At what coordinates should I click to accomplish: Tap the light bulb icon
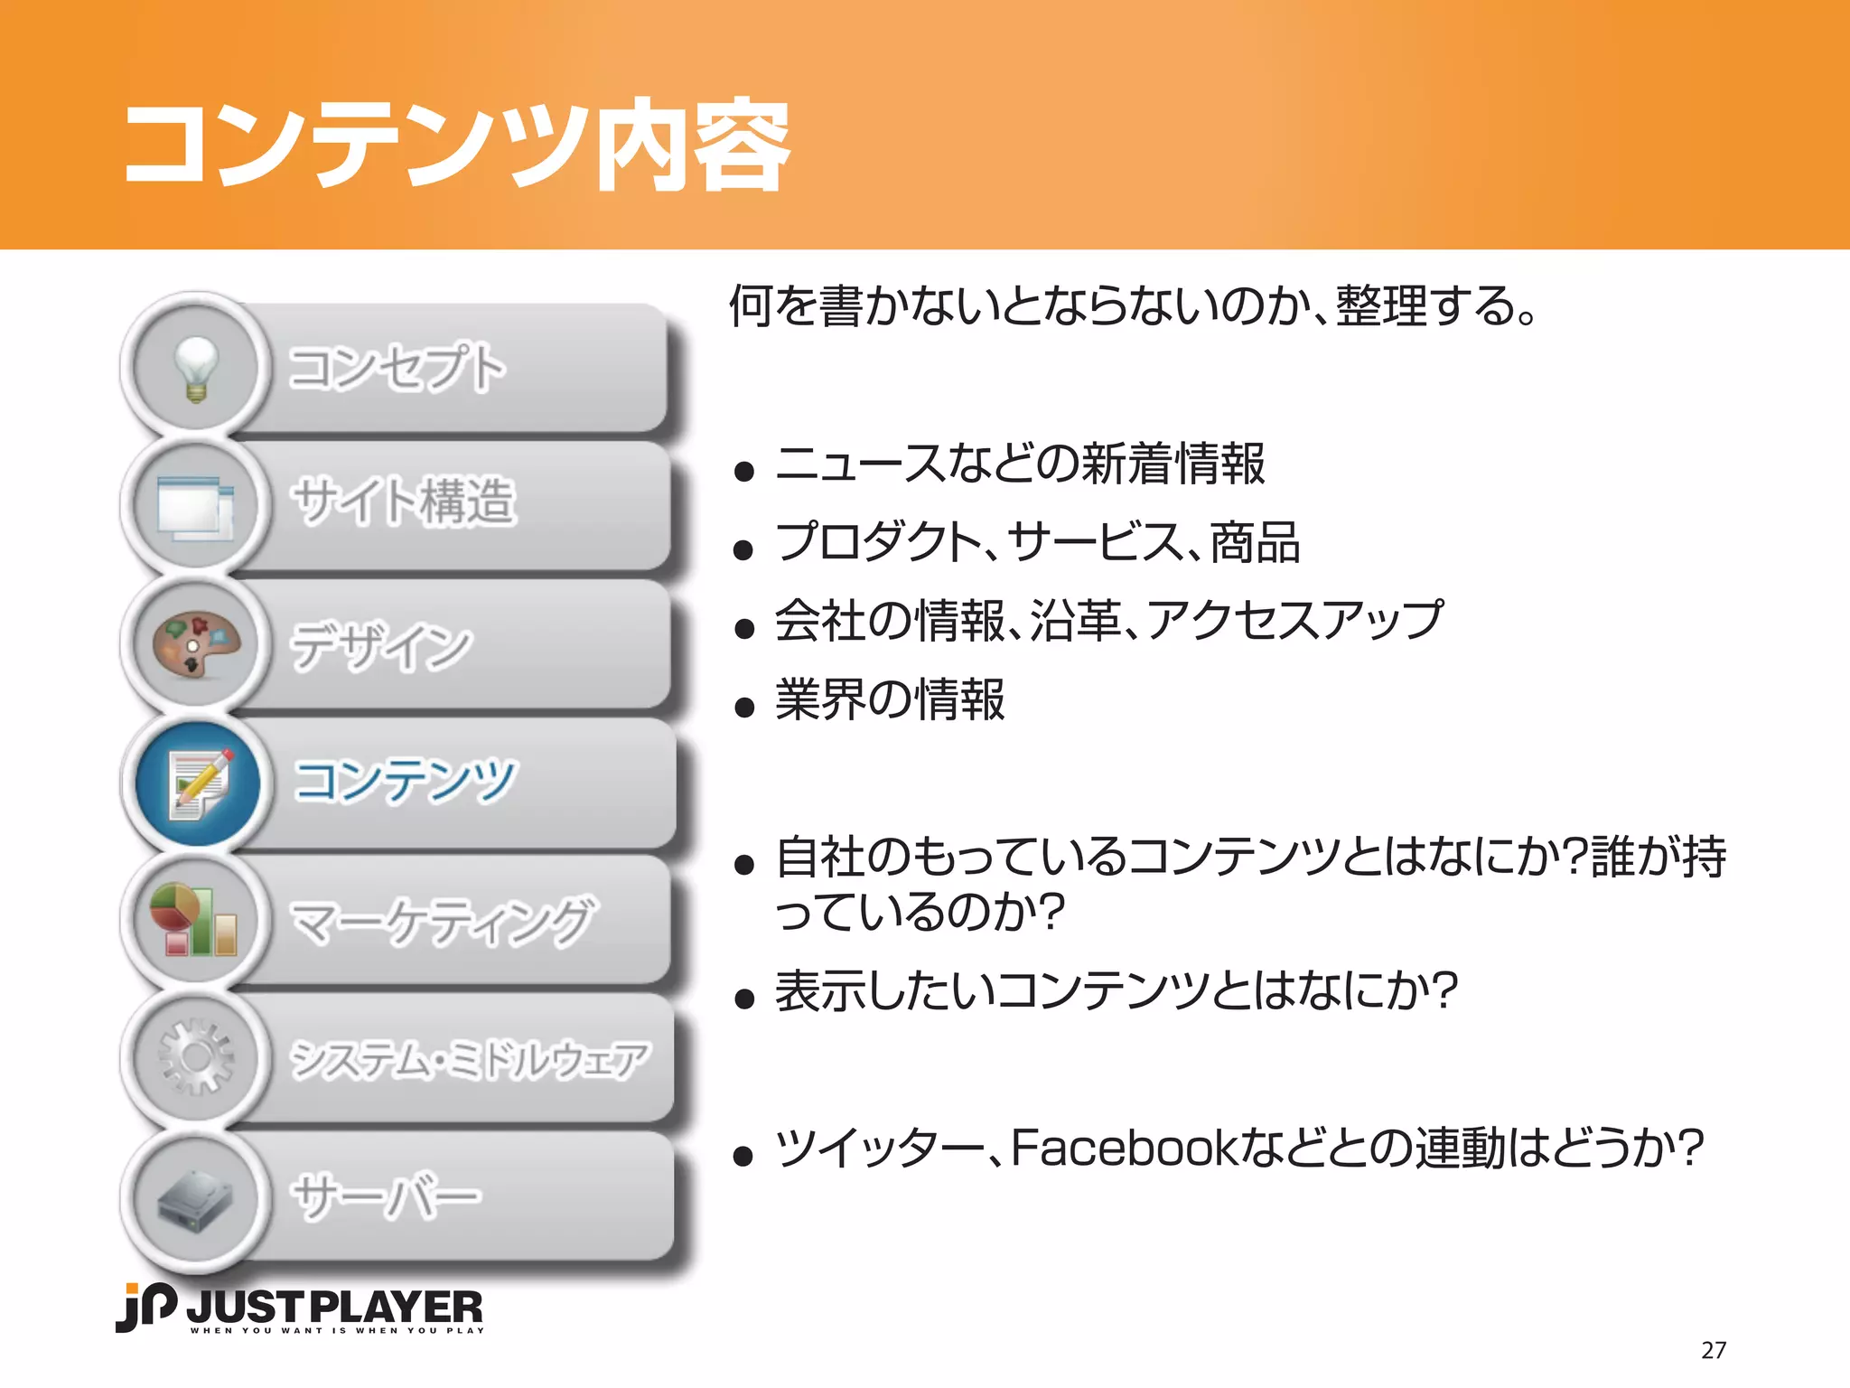click(x=196, y=368)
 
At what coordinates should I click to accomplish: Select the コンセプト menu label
click(x=397, y=368)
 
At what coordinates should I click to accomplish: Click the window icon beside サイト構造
click(x=196, y=506)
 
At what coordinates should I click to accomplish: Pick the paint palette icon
click(x=196, y=644)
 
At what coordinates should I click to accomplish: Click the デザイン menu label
click(x=380, y=646)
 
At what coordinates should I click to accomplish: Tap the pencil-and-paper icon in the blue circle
click(x=198, y=783)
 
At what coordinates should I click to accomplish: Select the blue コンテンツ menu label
click(x=405, y=781)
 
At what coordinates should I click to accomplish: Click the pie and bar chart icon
click(x=194, y=920)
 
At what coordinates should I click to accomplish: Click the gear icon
click(x=196, y=1057)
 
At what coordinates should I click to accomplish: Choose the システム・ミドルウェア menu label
click(x=469, y=1060)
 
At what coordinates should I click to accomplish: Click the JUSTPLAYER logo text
click(x=334, y=1308)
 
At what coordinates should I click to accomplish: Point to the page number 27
click(x=1714, y=1350)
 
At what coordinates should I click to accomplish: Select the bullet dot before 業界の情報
click(x=744, y=707)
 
